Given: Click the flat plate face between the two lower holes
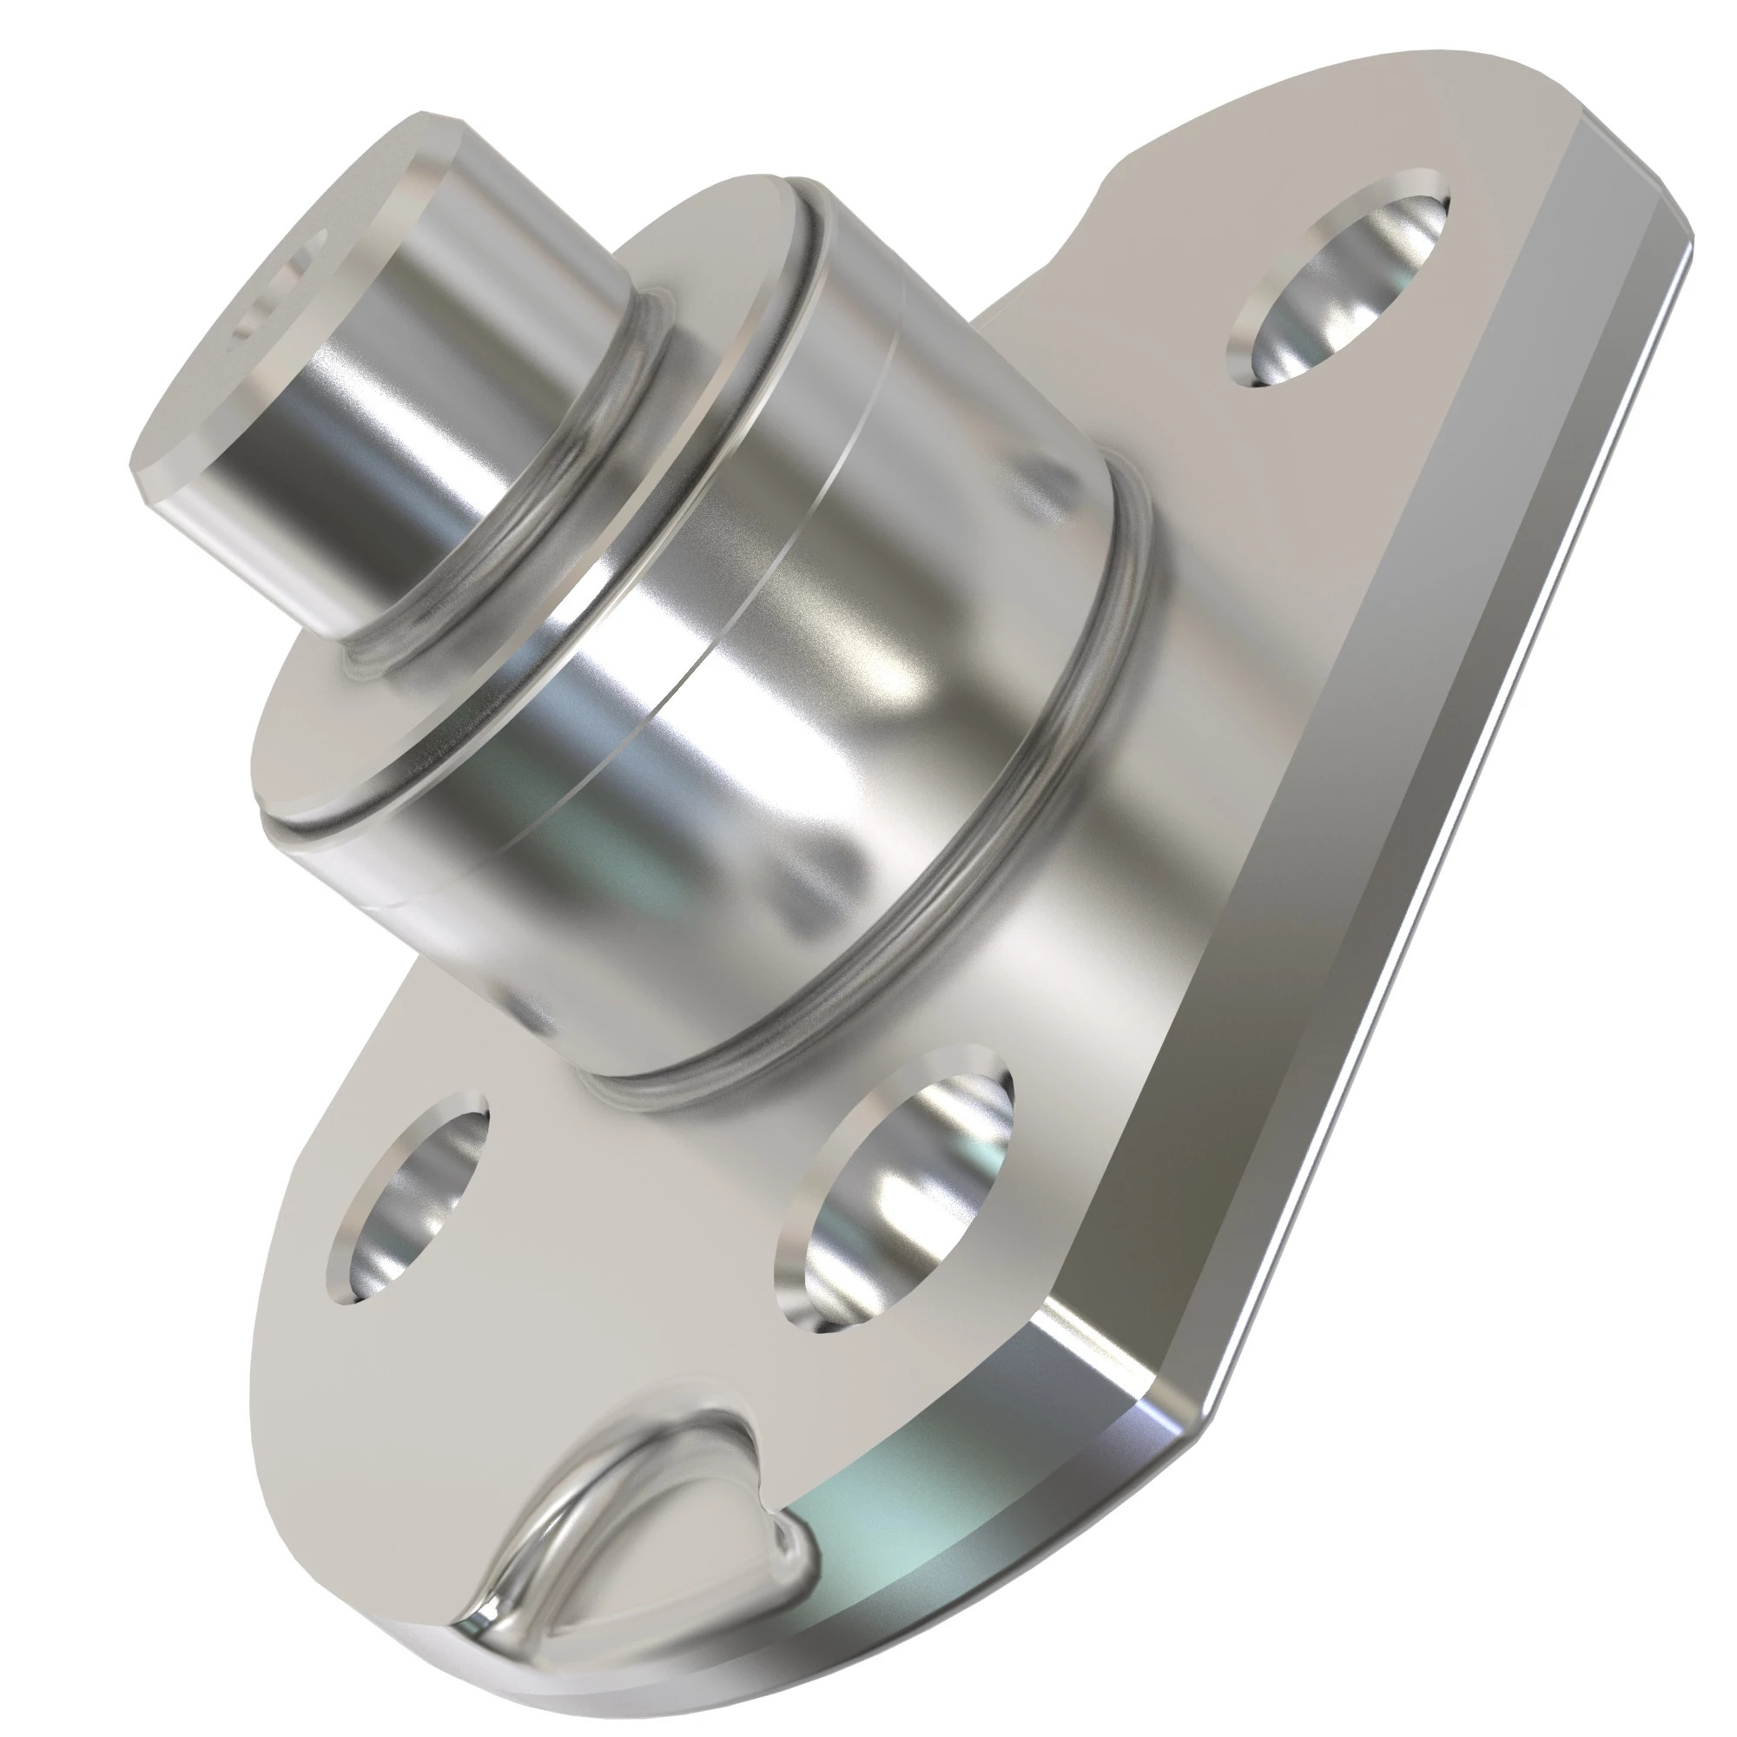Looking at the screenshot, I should pyautogui.click(x=630, y=1214).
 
